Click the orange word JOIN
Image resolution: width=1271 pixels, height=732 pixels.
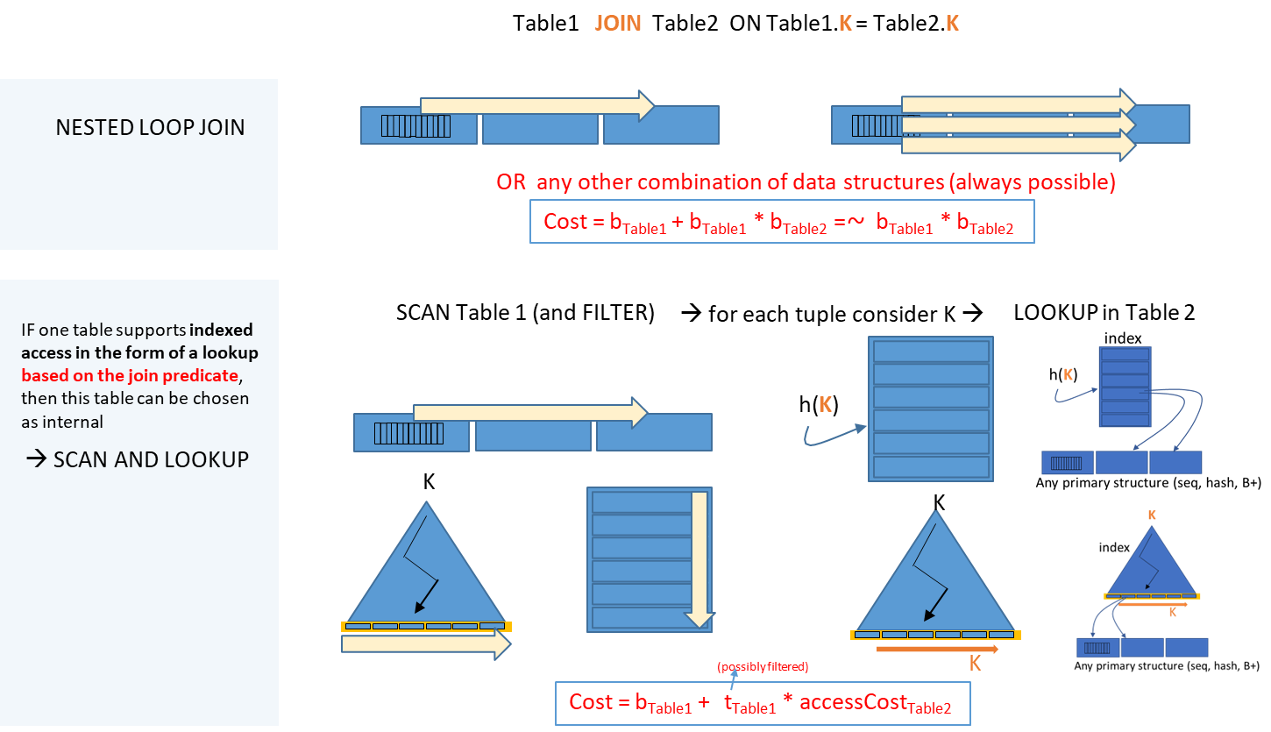618,24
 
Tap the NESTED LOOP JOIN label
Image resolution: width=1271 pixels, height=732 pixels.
150,127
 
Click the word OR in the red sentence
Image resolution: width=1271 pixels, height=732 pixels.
511,182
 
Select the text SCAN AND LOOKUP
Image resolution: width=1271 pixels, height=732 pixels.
151,459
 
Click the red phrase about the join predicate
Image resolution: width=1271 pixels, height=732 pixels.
130,375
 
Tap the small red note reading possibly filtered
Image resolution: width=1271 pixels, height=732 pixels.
763,667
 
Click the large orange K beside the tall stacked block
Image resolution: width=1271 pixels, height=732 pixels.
825,405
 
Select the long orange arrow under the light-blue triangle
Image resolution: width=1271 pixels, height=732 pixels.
937,650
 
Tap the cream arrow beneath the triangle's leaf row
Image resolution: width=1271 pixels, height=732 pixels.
426,644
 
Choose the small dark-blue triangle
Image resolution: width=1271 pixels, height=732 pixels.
1151,565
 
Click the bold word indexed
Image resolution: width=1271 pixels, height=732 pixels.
221,330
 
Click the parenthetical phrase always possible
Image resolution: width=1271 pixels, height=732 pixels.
1045,182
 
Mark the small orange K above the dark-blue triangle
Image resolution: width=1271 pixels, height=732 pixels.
1152,515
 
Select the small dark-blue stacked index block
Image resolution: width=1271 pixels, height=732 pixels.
1125,387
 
